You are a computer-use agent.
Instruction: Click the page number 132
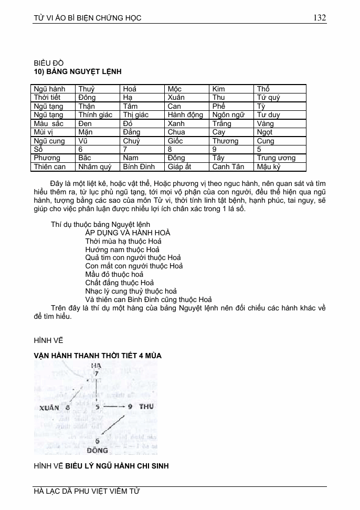pyautogui.click(x=320, y=17)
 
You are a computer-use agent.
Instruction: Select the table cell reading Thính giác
pyautogui.click(x=95, y=115)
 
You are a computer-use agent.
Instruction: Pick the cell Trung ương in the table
pyautogui.click(x=276, y=158)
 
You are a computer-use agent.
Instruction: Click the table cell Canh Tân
pyautogui.click(x=228, y=166)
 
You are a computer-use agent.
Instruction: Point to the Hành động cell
pyautogui.click(x=185, y=115)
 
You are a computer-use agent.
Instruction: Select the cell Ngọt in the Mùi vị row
pyautogui.click(x=265, y=132)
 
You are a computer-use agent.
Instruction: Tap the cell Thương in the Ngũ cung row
pyautogui.click(x=225, y=141)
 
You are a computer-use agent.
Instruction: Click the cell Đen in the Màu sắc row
pyautogui.click(x=85, y=123)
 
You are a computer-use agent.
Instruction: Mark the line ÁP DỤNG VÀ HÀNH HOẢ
pyautogui.click(x=128, y=233)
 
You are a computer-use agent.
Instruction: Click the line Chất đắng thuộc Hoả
pyautogui.click(x=119, y=283)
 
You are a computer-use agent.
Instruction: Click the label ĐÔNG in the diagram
pyautogui.click(x=97, y=450)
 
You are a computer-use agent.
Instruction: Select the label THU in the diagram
pyautogui.click(x=146, y=407)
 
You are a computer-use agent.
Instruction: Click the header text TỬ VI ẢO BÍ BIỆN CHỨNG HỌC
pyautogui.click(x=87, y=18)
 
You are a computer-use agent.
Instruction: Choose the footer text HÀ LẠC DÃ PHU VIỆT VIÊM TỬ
pyautogui.click(x=87, y=491)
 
